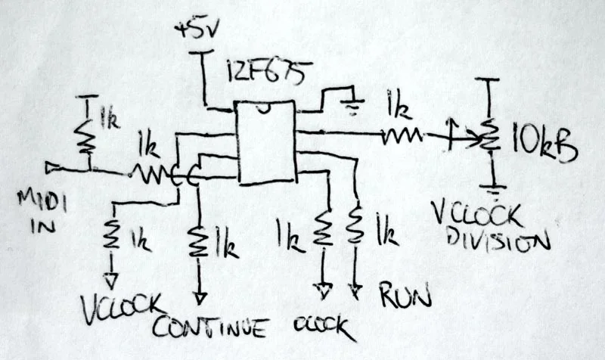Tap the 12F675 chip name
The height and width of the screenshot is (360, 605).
point(259,74)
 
